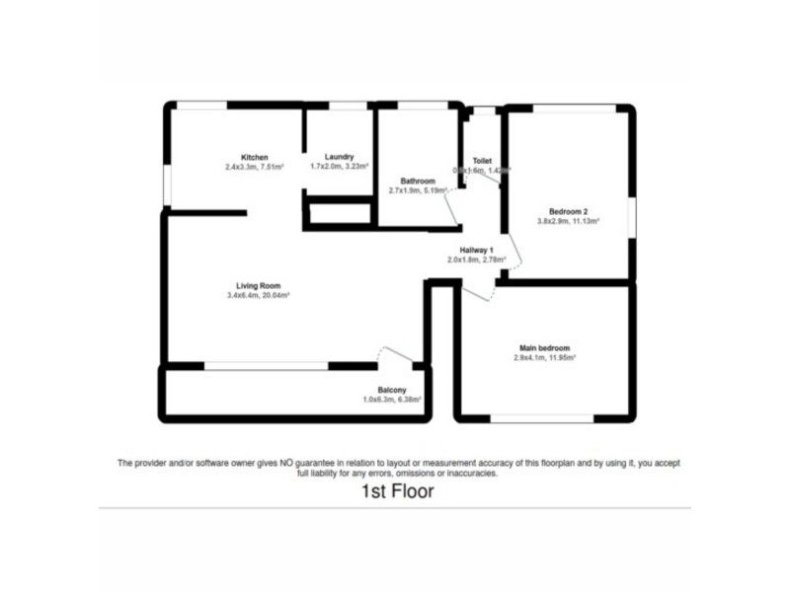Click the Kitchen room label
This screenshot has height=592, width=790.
pos(255,158)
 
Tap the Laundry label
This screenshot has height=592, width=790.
pos(339,157)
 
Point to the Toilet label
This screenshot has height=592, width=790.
pos(482,160)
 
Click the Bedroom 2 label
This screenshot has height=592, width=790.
pos(569,211)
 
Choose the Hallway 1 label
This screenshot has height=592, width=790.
pos(476,251)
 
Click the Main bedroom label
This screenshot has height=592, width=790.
pos(544,347)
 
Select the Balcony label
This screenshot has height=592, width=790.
pos(392,390)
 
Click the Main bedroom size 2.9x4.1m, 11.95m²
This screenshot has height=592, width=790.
pos(544,357)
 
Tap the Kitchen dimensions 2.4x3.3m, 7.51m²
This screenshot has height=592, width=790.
pos(255,168)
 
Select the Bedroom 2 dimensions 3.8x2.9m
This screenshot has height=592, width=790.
pos(569,221)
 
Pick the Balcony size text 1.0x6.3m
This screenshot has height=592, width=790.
pos(392,400)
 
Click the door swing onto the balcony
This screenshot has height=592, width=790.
pos(396,355)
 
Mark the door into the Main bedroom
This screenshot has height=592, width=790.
pos(477,292)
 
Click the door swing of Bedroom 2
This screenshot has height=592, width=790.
pos(513,255)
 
